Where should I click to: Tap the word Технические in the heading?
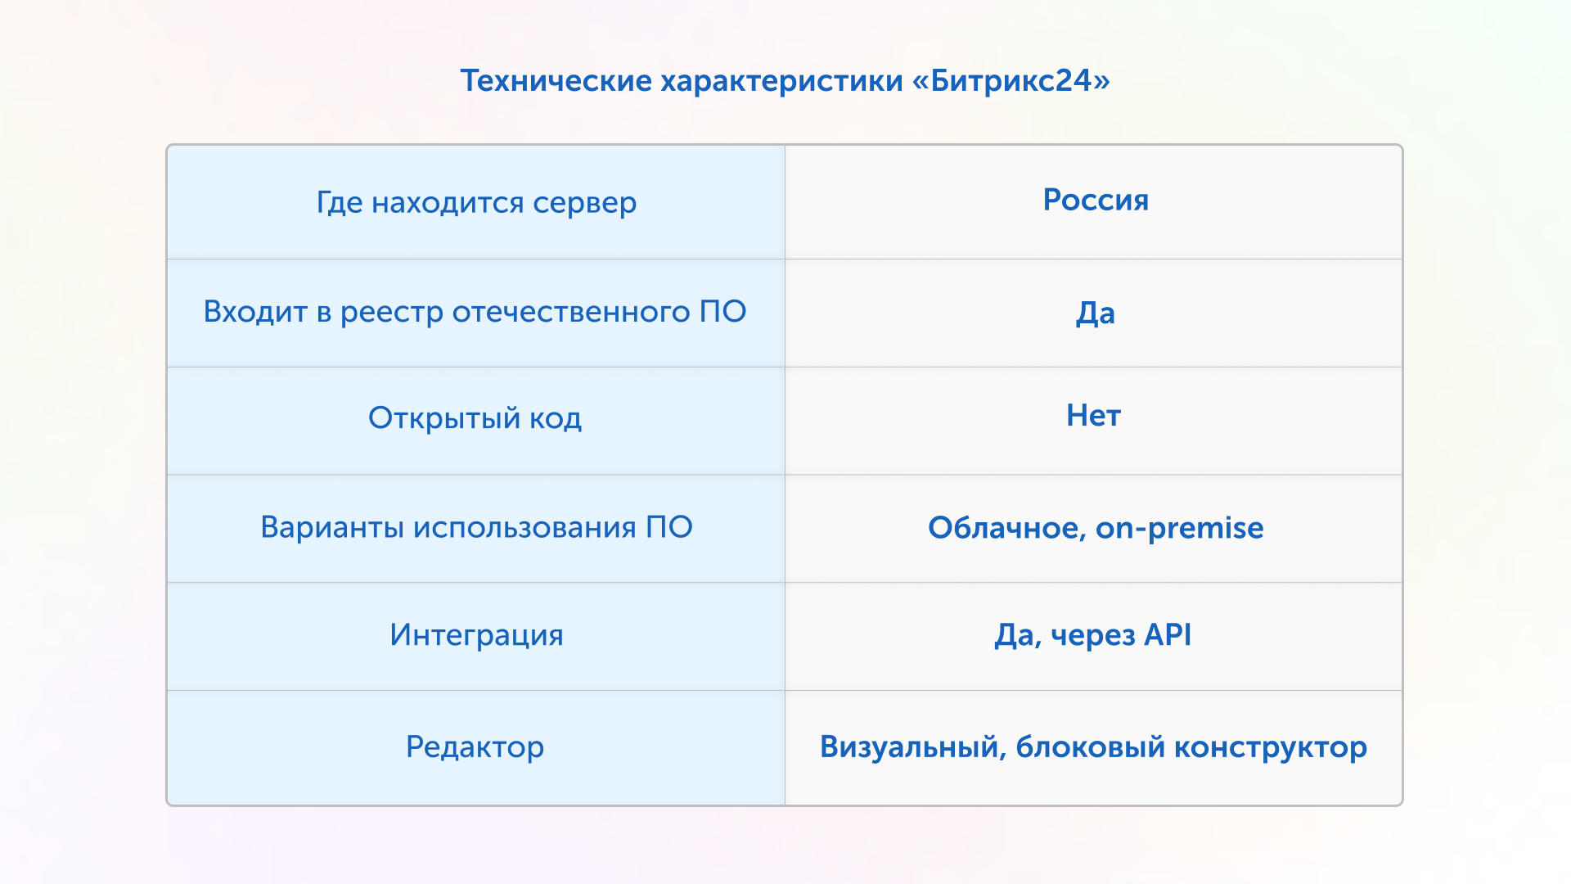556,80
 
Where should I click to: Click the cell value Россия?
1096,200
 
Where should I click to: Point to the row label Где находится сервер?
476,203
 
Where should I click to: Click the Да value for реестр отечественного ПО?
1096,313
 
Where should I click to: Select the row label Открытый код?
475,418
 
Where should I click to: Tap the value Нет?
1093,416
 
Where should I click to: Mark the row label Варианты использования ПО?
476,527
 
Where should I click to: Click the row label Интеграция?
476,636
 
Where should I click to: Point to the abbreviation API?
1168,634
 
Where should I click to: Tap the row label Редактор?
475,747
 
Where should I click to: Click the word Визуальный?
913,747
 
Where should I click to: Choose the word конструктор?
1271,748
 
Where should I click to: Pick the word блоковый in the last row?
1090,746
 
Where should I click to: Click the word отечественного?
571,312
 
